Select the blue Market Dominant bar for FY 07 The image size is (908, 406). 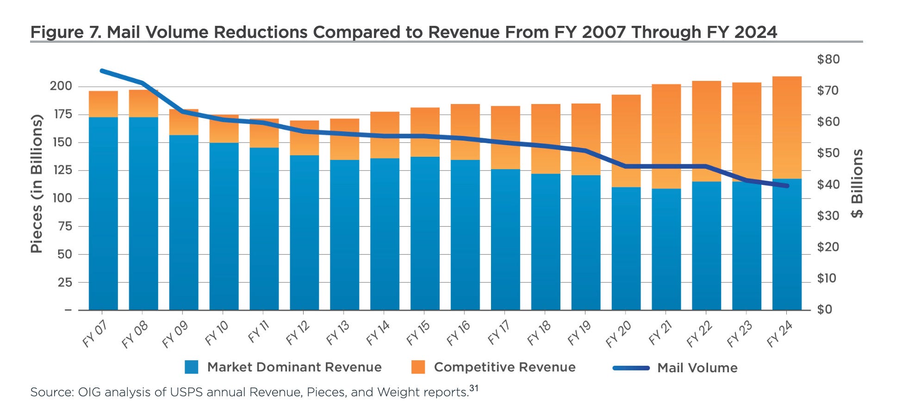[103, 213]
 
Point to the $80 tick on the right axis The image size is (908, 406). [828, 59]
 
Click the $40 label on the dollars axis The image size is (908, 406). [828, 185]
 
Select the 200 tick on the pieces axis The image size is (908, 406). [61, 86]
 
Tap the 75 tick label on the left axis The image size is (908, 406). [65, 226]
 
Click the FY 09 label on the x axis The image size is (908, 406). [175, 334]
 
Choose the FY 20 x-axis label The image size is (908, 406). [618, 334]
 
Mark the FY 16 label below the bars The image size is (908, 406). [458, 334]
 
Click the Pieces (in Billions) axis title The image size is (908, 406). [37, 184]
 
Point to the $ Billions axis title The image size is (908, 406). [857, 183]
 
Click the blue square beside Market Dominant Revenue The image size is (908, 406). [191, 367]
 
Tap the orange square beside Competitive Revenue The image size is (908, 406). [418, 367]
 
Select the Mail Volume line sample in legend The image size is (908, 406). [631, 368]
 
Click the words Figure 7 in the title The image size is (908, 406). [64, 32]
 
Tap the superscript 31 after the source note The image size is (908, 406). [473, 388]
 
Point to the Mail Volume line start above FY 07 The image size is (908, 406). [102, 71]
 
